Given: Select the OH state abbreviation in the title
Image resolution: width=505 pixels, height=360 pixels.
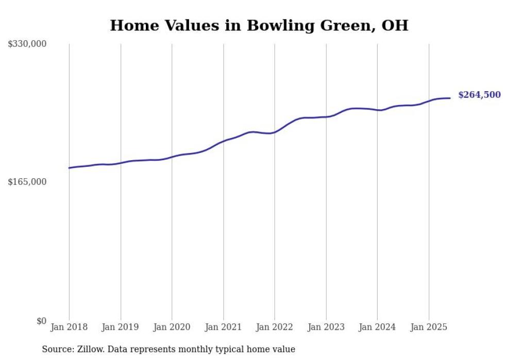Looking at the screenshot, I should point(394,25).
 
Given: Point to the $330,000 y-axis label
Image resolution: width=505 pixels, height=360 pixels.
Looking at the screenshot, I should point(27,44).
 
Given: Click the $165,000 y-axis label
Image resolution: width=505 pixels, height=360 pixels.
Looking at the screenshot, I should point(27,182).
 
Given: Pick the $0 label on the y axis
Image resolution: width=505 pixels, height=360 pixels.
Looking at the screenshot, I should point(41,321).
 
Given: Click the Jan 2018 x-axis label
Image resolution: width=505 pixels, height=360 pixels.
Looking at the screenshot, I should point(69,327).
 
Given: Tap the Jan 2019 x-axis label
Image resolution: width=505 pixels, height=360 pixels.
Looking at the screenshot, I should point(120,327).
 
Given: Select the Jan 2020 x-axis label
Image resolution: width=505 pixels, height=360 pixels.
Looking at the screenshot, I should point(172,327).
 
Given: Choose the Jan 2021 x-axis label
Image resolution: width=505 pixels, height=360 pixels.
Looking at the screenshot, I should point(223,327).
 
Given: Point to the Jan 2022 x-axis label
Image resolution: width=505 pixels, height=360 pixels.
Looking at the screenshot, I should point(275,327).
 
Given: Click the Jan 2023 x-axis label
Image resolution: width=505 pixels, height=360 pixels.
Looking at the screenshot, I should point(326,327).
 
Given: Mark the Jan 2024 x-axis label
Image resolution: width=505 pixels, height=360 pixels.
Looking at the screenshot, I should point(377,327).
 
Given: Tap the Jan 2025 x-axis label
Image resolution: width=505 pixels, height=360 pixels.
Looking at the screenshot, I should point(429,327).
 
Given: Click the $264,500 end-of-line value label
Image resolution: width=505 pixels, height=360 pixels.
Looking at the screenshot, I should point(479,95).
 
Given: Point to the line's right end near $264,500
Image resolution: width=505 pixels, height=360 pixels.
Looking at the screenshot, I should point(450,98).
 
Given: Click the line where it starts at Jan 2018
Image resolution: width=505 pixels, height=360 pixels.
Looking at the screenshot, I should point(70,168).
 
